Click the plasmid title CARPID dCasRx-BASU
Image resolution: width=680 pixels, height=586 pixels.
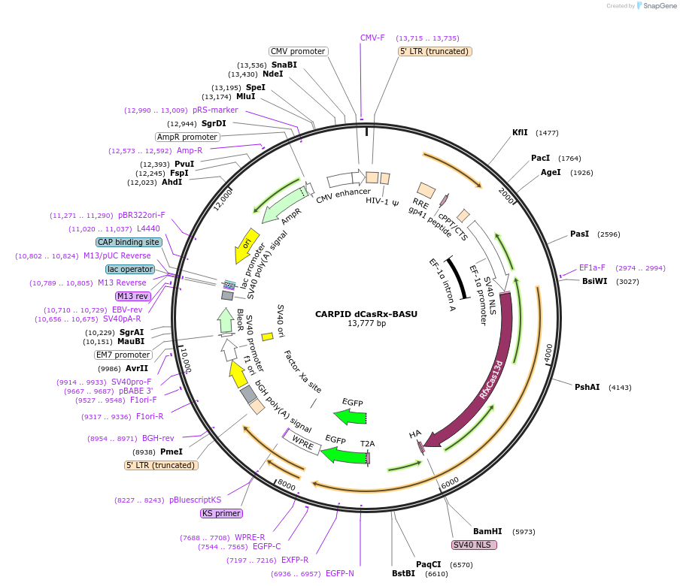coord(366,313)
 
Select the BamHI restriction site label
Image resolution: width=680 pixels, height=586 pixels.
coord(487,531)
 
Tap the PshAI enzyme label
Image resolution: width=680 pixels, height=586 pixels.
coord(587,387)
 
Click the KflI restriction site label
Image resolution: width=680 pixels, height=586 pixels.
coord(520,132)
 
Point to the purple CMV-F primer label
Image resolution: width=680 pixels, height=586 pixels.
coord(372,38)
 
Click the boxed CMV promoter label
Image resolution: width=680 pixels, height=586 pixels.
coord(299,51)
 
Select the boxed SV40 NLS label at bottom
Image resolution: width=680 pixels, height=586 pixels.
coord(474,545)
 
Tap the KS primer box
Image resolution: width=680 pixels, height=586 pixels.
coord(221,514)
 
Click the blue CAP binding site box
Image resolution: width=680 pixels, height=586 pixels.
coord(129,242)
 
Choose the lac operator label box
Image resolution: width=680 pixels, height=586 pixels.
coord(130,269)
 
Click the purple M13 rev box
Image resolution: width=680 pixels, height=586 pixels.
coord(132,296)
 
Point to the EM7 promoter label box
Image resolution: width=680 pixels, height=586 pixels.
coord(123,355)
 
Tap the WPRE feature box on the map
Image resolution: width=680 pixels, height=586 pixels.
coord(302,442)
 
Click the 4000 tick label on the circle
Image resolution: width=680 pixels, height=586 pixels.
coord(548,350)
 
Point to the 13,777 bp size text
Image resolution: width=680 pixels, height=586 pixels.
coord(366,324)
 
